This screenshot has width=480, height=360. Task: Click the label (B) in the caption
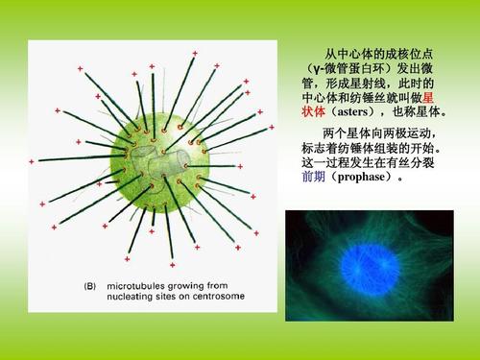(x=89, y=285)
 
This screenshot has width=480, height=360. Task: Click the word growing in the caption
(x=201, y=285)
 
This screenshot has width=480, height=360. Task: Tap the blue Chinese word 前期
(x=313, y=178)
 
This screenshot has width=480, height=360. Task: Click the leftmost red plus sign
(x=32, y=160)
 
